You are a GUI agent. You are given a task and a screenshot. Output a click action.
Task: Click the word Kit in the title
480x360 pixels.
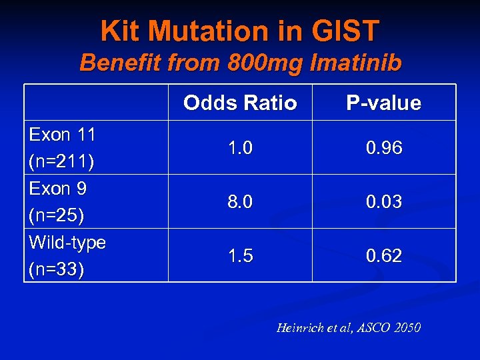(121, 31)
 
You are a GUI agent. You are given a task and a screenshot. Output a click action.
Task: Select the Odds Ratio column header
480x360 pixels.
(240, 103)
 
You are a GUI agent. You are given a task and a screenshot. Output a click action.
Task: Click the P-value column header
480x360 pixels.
(383, 103)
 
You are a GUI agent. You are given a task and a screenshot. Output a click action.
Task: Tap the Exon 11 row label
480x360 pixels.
(62, 135)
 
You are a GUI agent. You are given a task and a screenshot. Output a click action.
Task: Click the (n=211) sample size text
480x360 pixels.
(61, 162)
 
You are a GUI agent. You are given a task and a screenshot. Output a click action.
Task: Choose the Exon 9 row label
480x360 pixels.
(57, 189)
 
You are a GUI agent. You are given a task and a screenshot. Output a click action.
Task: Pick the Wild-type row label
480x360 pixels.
(67, 243)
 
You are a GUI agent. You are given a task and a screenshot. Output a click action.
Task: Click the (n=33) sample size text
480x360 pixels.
(57, 270)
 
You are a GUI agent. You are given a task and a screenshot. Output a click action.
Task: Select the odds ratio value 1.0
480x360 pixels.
(240, 148)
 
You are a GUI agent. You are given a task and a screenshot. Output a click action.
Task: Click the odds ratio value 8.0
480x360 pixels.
(240, 202)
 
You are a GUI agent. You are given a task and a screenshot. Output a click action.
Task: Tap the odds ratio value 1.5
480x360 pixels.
(240, 256)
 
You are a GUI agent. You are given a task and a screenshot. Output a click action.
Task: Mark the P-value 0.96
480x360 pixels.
(383, 148)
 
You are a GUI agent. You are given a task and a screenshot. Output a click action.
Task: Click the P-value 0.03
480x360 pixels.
(383, 202)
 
